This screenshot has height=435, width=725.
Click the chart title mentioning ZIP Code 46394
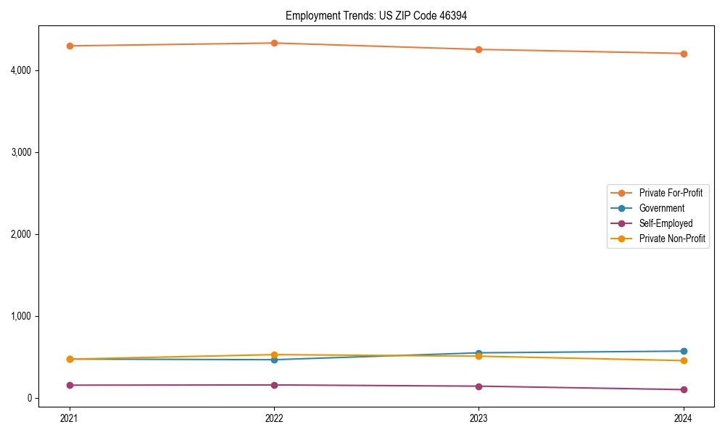381,15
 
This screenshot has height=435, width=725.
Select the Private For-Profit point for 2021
70,46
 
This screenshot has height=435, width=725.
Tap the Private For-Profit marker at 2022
274,43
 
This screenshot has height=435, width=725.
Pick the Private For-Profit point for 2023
478,49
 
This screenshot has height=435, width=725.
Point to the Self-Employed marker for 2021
70,385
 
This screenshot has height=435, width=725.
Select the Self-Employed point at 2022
274,385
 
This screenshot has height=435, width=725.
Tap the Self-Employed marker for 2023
478,386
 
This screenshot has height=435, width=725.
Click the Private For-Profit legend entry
671,193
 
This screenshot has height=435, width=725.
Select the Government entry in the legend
661,208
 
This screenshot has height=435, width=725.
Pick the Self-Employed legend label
666,223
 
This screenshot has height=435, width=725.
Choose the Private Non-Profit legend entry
672,239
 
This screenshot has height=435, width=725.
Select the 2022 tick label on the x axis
274,418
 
